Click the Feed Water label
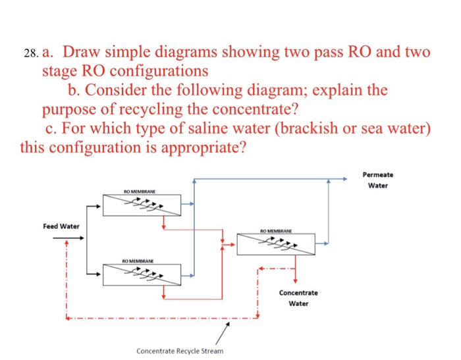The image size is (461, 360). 61,226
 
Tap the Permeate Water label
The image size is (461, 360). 377,180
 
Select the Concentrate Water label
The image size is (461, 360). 298,297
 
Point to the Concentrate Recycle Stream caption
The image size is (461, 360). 180,351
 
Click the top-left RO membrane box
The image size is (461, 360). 142,204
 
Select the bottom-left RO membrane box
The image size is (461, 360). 142,274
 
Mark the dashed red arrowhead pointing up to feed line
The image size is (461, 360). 66,243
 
